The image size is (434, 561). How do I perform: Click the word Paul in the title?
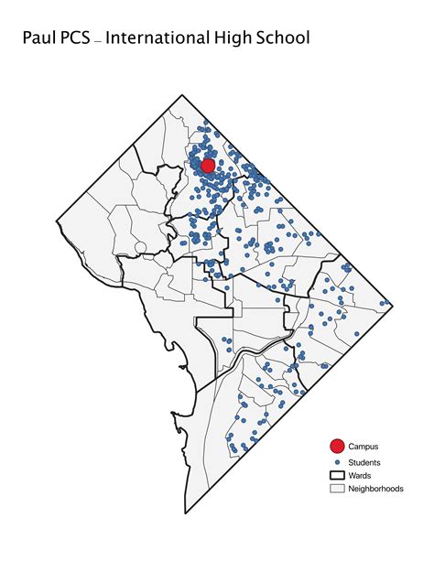(41, 38)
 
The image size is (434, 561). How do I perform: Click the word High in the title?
(244, 38)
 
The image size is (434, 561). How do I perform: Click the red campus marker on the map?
(207, 166)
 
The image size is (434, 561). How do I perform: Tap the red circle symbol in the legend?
(337, 446)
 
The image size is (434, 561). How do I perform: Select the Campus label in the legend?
(363, 446)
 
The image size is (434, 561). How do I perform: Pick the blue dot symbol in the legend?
(337, 462)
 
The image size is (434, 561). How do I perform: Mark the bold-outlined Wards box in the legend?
(337, 476)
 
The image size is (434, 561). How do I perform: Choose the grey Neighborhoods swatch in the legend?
(337, 489)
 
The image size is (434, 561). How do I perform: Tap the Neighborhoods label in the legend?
(375, 489)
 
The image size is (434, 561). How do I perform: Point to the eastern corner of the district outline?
(392, 303)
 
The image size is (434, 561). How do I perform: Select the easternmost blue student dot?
(383, 303)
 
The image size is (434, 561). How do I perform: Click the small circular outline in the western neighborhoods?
(138, 246)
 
